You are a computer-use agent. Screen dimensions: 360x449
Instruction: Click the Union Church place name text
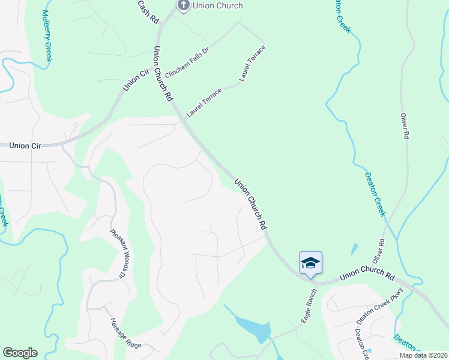tap(217, 5)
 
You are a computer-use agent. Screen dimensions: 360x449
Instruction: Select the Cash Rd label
tap(147, 11)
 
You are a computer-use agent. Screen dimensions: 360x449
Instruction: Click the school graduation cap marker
tap(310, 263)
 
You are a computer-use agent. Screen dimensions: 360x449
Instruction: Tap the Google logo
tap(20, 353)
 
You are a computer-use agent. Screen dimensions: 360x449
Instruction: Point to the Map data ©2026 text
tap(423, 355)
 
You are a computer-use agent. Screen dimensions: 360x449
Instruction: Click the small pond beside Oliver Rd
tap(355, 248)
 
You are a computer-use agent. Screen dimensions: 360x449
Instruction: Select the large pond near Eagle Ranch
tap(255, 328)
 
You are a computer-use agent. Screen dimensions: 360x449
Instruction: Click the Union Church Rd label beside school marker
tap(367, 277)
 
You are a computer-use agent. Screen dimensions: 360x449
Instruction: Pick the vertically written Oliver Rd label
tap(405, 126)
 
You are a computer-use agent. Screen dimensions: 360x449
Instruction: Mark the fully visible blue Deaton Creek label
tap(375, 195)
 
